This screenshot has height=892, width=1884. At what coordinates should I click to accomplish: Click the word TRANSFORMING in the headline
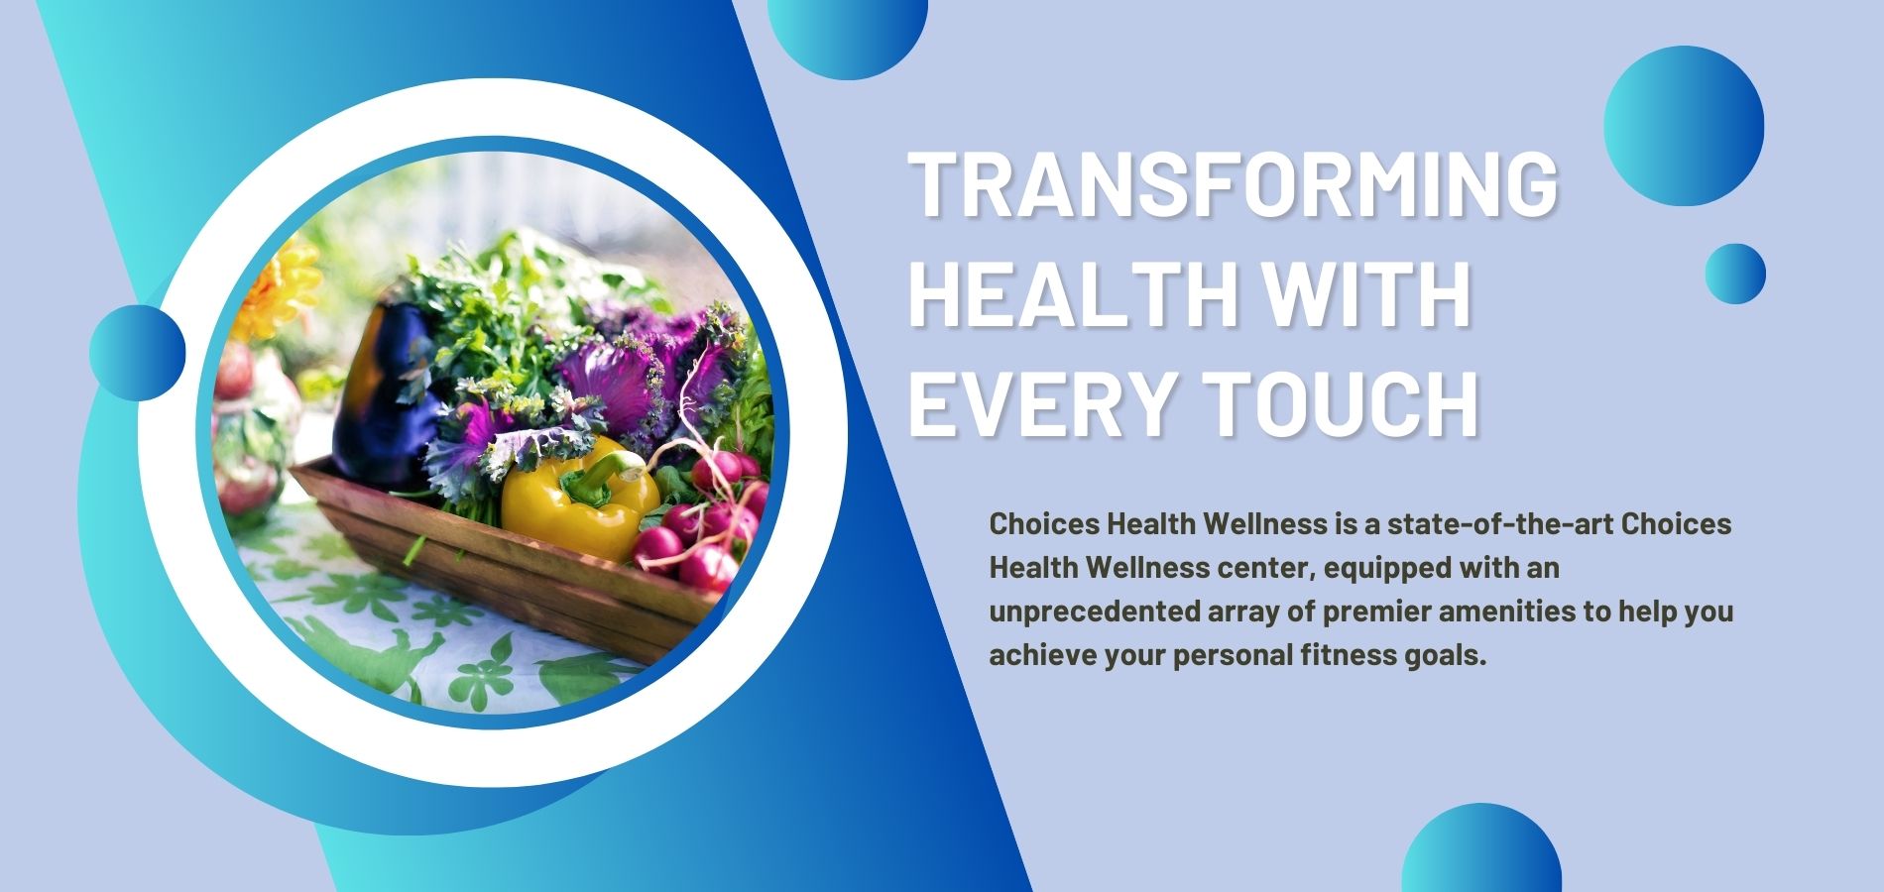pos(1234,184)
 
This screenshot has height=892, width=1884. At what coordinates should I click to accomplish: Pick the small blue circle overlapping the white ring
pos(138,353)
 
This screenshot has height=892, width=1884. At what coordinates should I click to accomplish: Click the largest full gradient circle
pos(1684,126)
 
